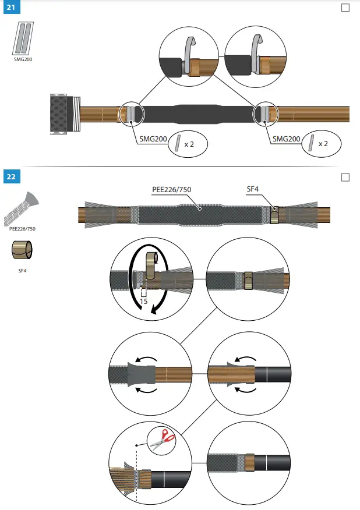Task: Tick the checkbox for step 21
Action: coord(345,8)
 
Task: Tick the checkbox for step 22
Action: coord(345,177)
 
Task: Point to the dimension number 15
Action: coord(143,302)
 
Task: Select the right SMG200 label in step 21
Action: coord(286,139)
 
